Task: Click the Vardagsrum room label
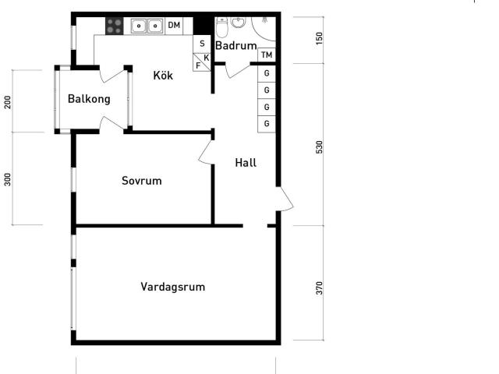[173, 287]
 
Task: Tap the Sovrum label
[142, 181]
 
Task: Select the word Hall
[246, 163]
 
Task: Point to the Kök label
[163, 76]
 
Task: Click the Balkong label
[89, 99]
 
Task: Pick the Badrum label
[235, 45]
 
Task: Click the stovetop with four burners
[115, 26]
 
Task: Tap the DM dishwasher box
[174, 26]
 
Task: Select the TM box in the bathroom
[267, 55]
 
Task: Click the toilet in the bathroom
[221, 28]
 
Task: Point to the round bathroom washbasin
[238, 23]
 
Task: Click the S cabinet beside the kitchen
[202, 44]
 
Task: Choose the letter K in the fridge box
[206, 58]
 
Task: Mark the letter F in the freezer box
[198, 65]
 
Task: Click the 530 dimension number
[319, 147]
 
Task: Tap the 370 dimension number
[319, 288]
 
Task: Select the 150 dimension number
[319, 38]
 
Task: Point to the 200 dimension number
[7, 102]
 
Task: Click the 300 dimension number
[7, 179]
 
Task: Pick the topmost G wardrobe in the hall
[267, 73]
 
